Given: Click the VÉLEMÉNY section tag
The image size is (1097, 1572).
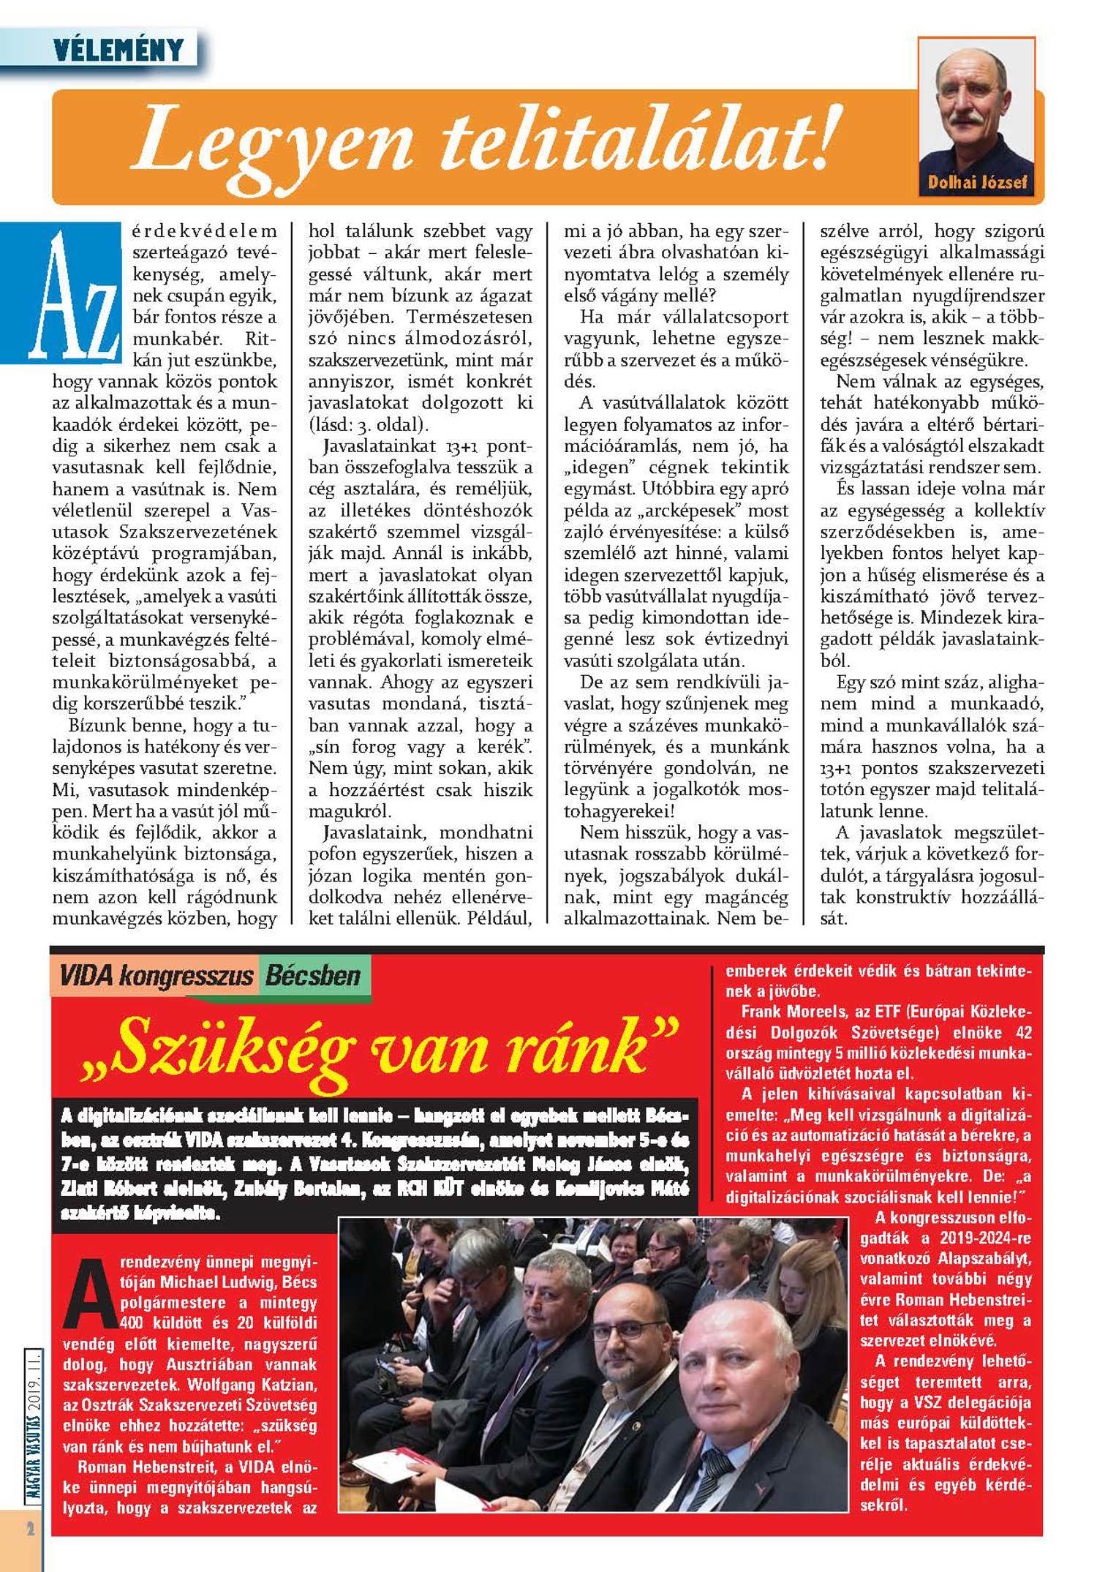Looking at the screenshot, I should (x=118, y=50).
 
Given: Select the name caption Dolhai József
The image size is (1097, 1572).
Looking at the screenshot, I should (x=977, y=182).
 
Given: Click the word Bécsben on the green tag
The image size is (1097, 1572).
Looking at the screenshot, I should (x=313, y=976).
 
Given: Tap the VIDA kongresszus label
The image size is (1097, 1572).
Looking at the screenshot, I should (x=157, y=976).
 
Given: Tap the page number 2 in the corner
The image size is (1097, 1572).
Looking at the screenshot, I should (x=30, y=1530).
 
